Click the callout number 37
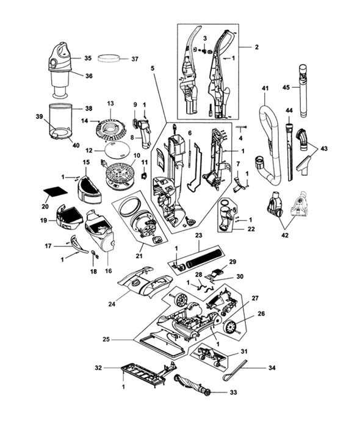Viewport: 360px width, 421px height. (x=135, y=59)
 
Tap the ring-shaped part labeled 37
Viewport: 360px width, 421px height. (x=109, y=58)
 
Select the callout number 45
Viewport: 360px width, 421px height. (x=286, y=87)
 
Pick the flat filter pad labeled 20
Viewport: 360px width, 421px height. (x=56, y=191)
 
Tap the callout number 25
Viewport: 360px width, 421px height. (x=106, y=339)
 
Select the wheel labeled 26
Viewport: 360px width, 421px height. (x=231, y=327)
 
